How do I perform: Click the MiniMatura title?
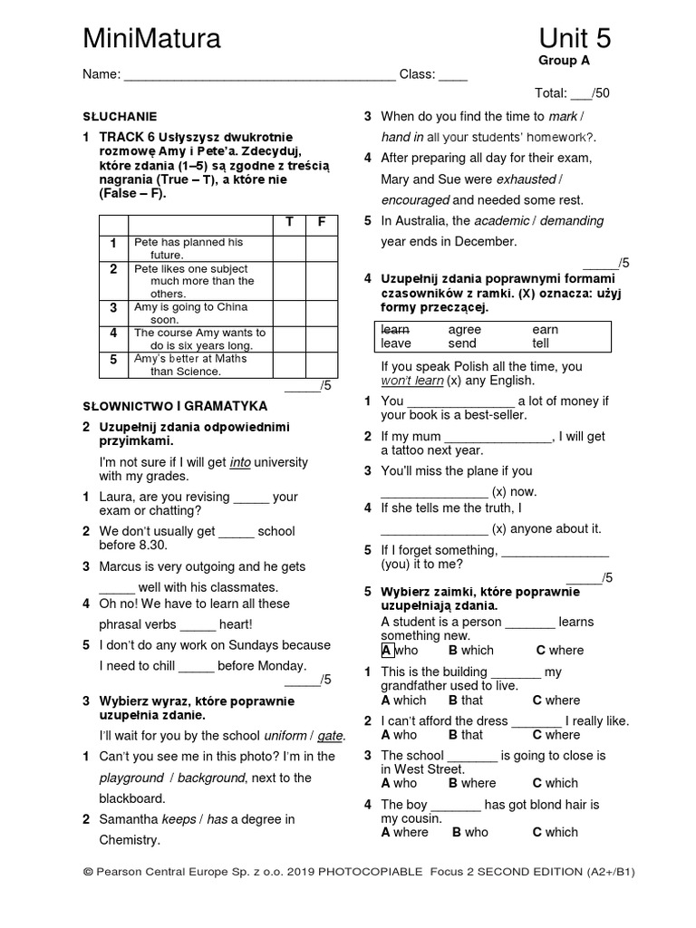point(151,38)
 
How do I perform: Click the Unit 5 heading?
point(575,38)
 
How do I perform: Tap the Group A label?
point(564,61)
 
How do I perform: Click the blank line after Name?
point(259,75)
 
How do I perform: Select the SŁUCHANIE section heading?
point(119,117)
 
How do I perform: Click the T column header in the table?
point(289,223)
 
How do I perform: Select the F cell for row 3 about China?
point(321,314)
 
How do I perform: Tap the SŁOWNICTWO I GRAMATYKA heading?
point(174,405)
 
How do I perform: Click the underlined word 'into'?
point(240,462)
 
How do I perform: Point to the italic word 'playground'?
point(131,778)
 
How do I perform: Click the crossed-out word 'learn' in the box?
point(395,330)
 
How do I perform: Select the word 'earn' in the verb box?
point(545,330)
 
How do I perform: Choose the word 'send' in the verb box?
point(462,343)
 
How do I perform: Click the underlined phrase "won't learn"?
point(413,381)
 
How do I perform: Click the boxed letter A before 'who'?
point(386,650)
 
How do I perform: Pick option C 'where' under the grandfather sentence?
point(556,700)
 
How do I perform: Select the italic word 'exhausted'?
point(526,179)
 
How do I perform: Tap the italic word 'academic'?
point(501,221)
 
